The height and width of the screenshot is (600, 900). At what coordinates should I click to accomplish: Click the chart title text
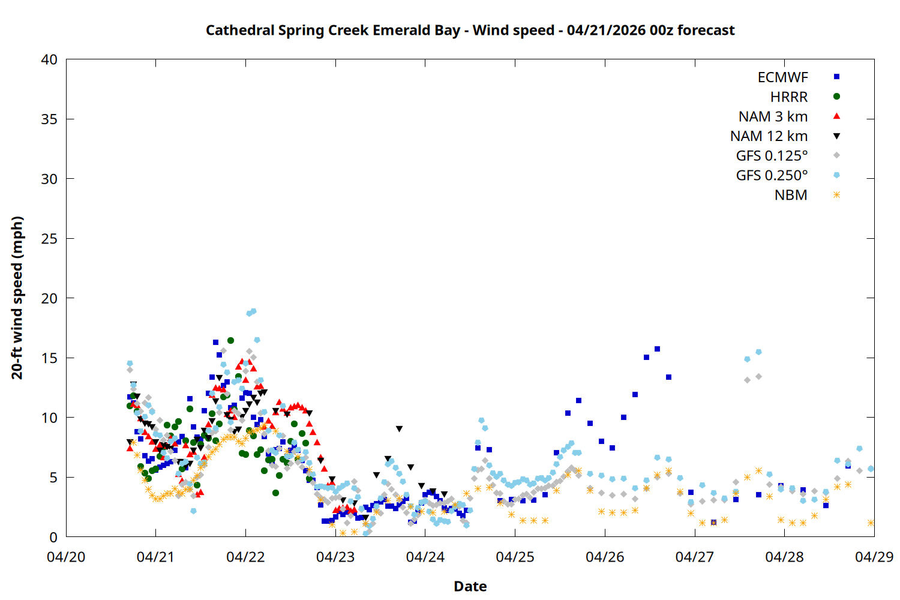click(x=470, y=30)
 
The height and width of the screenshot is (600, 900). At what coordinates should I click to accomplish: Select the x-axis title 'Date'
click(x=470, y=586)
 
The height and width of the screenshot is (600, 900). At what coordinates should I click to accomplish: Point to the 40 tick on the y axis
click(x=49, y=59)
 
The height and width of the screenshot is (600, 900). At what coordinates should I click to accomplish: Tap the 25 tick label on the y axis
click(x=49, y=239)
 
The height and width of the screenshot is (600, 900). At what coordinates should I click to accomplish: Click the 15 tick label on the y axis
click(x=49, y=358)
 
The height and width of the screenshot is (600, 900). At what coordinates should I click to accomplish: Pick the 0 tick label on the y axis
click(x=53, y=538)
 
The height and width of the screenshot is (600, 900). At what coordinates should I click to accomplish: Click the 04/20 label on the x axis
click(x=66, y=557)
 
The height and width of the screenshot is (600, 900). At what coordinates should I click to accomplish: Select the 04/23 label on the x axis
click(x=335, y=557)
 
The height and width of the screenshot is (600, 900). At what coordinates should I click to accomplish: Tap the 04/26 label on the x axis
click(x=605, y=557)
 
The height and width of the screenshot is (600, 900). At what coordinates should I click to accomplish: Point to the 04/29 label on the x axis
click(x=874, y=557)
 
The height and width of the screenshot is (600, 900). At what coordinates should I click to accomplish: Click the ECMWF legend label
click(x=782, y=77)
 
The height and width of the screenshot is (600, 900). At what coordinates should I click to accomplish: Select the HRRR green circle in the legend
click(x=836, y=97)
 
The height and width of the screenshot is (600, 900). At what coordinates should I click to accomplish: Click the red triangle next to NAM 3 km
click(x=836, y=116)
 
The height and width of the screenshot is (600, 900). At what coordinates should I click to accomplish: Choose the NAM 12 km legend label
click(x=769, y=136)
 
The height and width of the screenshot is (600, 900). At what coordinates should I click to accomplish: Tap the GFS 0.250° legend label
click(x=772, y=175)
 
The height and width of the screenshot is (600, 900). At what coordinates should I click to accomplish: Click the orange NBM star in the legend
click(x=836, y=195)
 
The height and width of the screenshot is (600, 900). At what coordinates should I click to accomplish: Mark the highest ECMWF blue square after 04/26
click(x=657, y=349)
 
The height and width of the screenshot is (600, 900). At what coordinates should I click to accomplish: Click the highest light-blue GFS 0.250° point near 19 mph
click(x=253, y=311)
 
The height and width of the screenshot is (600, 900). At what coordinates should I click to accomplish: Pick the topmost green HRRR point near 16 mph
click(x=230, y=340)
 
